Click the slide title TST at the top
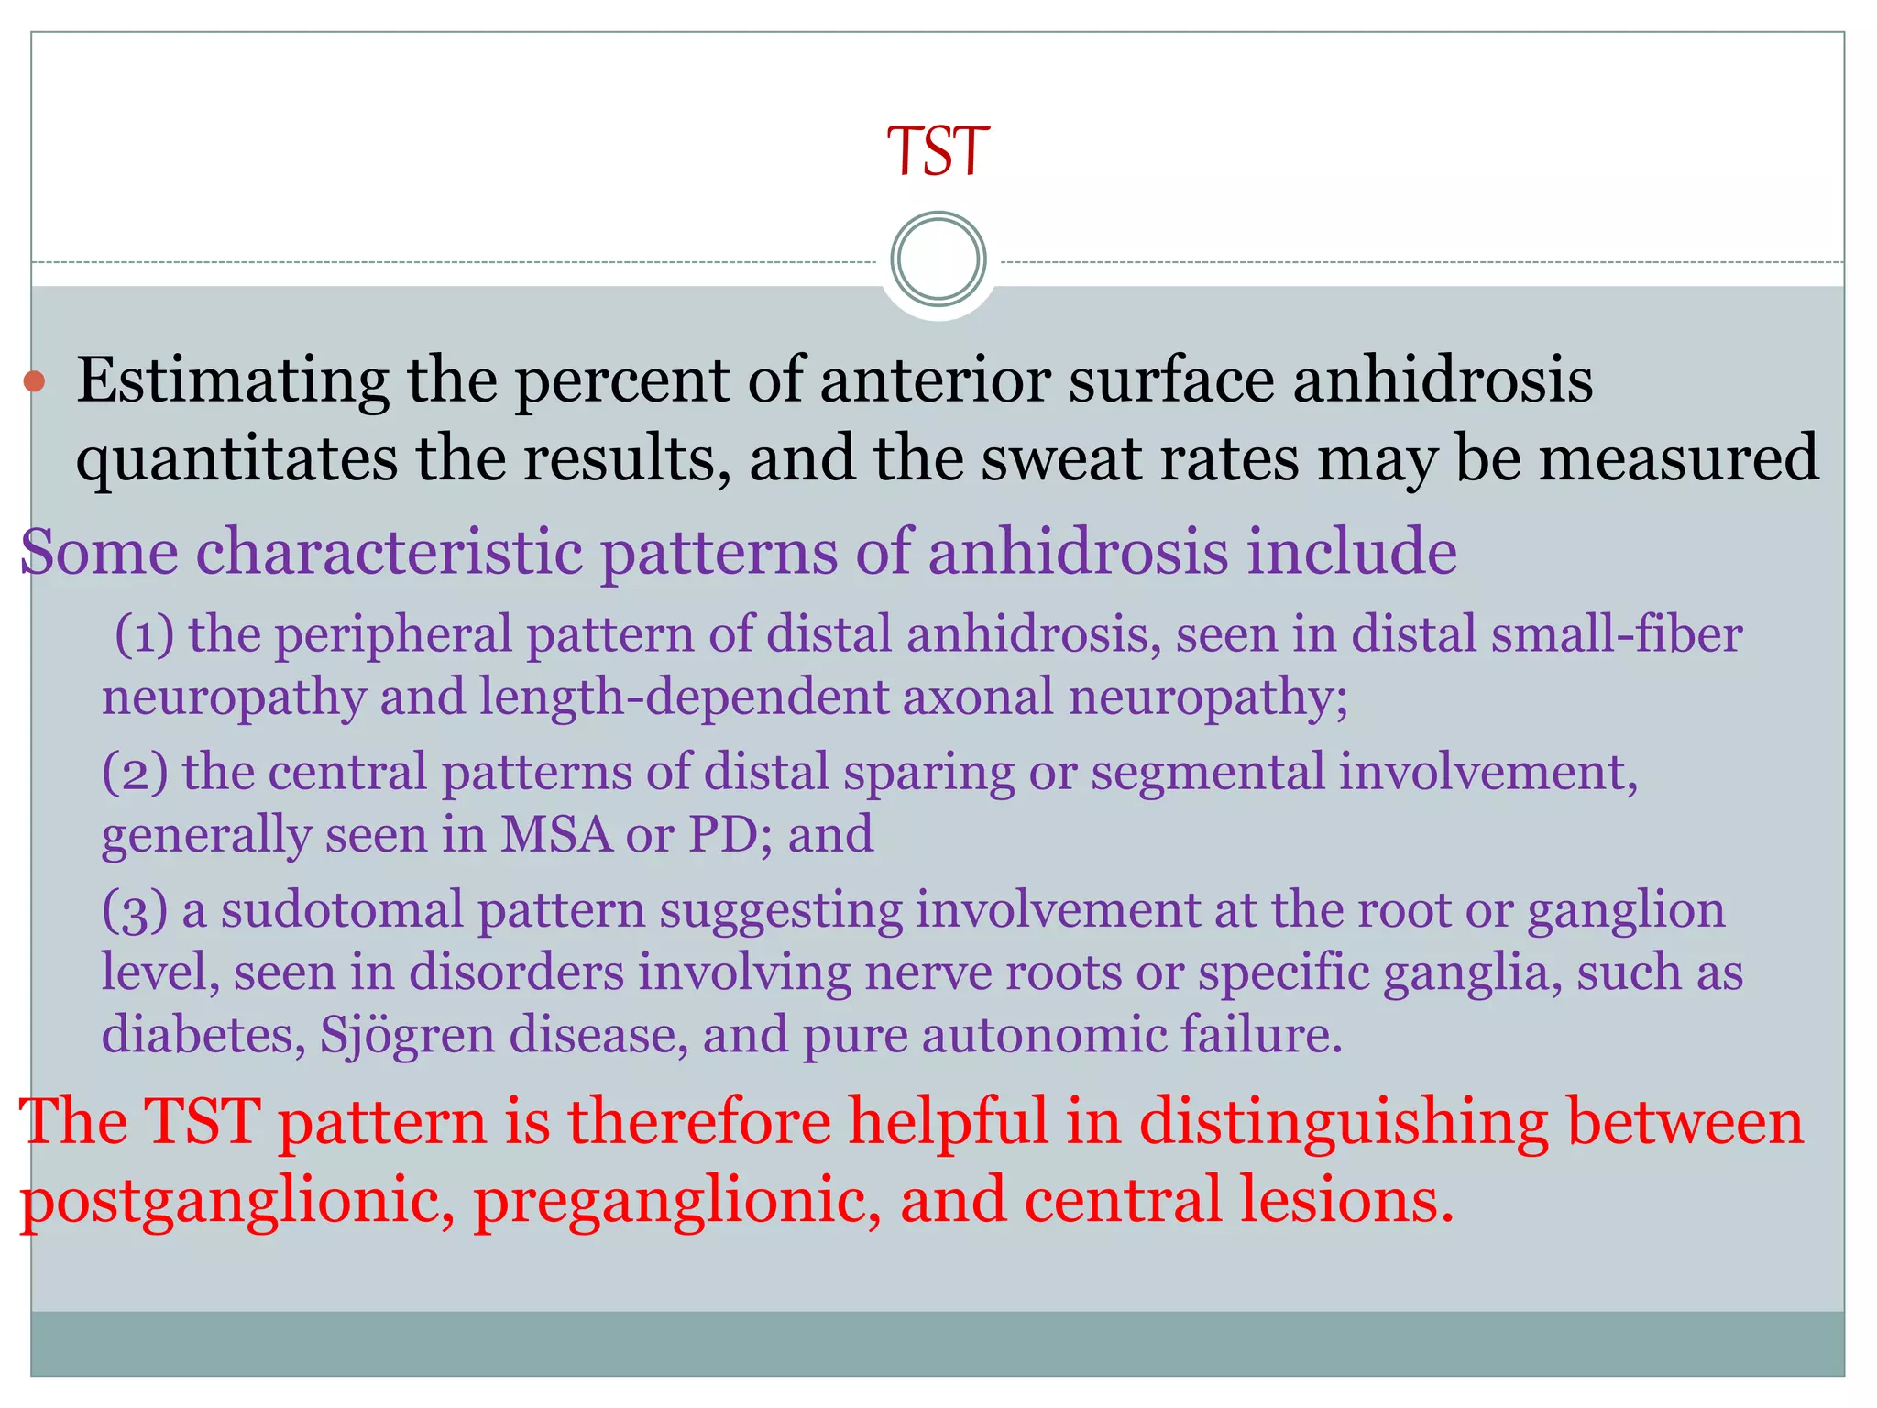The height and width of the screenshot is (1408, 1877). [938, 151]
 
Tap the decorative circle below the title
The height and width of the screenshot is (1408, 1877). [938, 259]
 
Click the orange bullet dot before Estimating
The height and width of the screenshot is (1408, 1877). [34, 380]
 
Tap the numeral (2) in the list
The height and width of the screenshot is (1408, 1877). [135, 772]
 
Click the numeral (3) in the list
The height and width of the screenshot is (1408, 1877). [135, 910]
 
